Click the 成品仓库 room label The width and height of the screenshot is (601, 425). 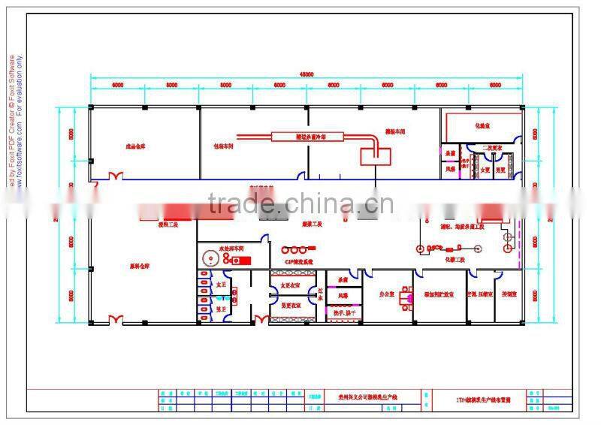point(135,146)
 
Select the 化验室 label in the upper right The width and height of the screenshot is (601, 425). point(482,126)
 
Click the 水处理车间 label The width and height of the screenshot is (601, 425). point(233,247)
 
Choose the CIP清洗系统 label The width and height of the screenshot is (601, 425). point(298,261)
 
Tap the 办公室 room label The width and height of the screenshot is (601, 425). point(388,294)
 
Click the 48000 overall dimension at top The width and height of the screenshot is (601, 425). point(307,74)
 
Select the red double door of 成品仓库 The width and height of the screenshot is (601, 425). point(117,176)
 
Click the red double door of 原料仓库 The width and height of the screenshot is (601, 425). point(117,321)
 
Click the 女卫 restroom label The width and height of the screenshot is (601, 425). point(221,286)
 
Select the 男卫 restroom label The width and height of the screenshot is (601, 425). point(221,308)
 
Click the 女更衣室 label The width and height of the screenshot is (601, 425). point(291,286)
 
